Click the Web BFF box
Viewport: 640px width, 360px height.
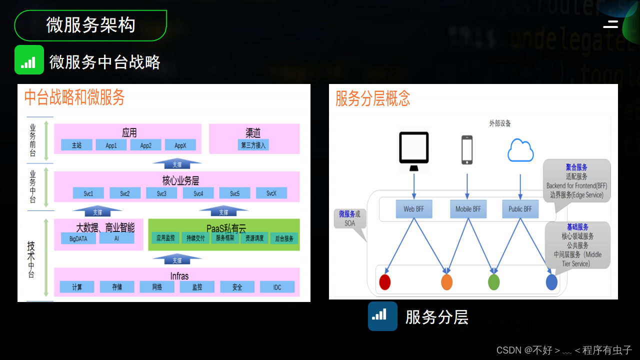click(414, 209)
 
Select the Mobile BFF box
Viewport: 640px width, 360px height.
click(467, 209)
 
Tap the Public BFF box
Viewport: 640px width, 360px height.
click(520, 209)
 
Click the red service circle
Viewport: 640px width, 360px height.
click(384, 282)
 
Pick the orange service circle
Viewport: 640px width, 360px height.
click(446, 282)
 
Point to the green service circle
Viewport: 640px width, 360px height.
click(493, 282)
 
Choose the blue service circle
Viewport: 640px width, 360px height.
click(551, 282)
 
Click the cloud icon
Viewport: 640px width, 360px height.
click(520, 150)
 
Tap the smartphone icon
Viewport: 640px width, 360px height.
click(467, 150)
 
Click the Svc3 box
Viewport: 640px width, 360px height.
click(161, 193)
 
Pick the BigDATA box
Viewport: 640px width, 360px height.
click(78, 238)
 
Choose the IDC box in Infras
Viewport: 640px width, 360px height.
click(277, 287)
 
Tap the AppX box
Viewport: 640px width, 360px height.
click(180, 145)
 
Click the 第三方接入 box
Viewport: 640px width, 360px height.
click(254, 145)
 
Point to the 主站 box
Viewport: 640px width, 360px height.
click(76, 145)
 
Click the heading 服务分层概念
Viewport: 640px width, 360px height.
click(372, 98)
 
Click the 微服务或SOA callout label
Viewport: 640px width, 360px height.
click(349, 218)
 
